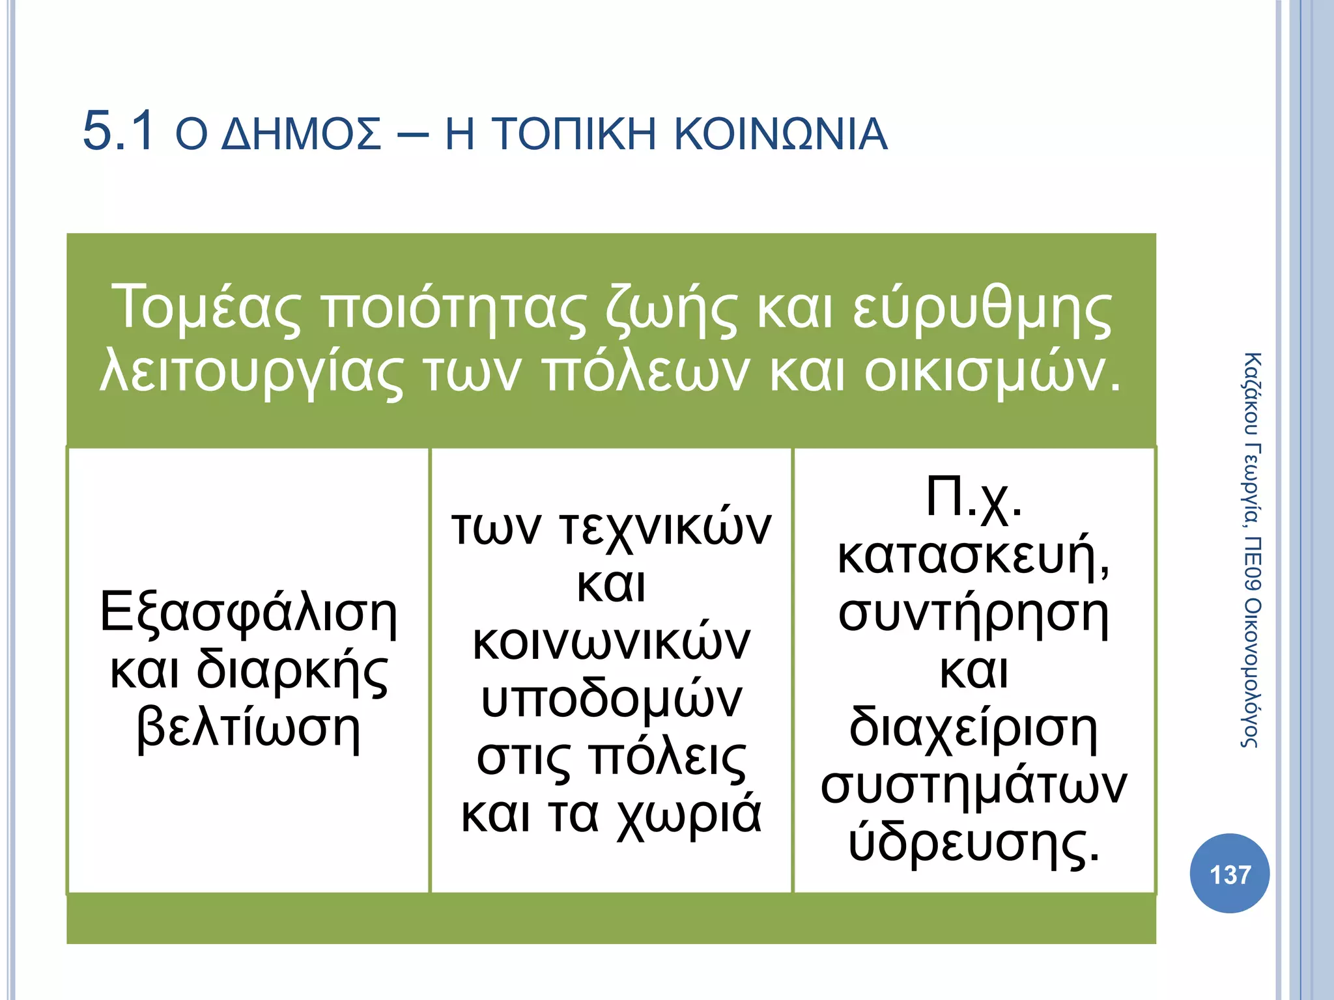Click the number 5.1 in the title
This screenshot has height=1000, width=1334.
pyautogui.click(x=119, y=132)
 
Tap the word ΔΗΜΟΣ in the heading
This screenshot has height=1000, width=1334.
pyautogui.click(x=301, y=135)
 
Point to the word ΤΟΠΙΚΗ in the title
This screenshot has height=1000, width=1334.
pyautogui.click(x=573, y=135)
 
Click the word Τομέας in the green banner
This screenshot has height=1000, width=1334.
pyautogui.click(x=206, y=308)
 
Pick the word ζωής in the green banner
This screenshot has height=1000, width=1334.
pyautogui.click(x=671, y=309)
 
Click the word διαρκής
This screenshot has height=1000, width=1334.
pyautogui.click(x=292, y=672)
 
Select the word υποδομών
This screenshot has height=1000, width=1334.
pyautogui.click(x=612, y=701)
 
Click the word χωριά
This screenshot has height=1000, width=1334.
pyautogui.click(x=688, y=815)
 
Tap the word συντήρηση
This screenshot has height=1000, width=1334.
pyautogui.click(x=974, y=615)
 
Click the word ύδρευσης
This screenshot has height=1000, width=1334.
pyautogui.click(x=974, y=844)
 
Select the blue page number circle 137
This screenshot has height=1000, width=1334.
pyautogui.click(x=1229, y=874)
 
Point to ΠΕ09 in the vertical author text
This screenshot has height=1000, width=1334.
pyautogui.click(x=1251, y=563)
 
